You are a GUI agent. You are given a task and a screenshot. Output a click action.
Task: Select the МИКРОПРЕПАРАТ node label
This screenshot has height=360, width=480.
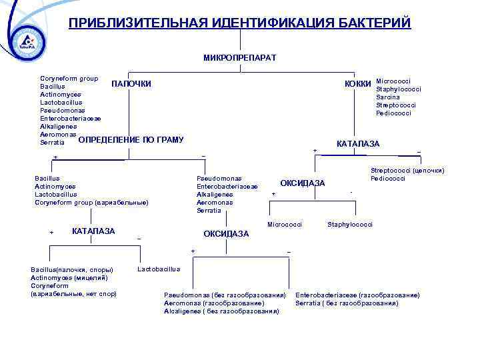point(239,58)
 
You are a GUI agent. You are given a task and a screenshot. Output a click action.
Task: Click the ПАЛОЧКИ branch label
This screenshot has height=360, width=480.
point(131,84)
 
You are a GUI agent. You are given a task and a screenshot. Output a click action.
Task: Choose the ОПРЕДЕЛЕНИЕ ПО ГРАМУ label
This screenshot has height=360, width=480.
point(131,140)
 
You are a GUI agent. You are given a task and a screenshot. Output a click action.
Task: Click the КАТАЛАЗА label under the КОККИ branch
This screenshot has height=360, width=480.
point(358,143)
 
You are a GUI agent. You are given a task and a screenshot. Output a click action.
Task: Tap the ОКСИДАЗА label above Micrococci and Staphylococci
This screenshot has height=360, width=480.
point(303,183)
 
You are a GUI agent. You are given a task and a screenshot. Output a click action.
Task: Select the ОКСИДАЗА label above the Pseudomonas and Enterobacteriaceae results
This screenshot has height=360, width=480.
point(226,234)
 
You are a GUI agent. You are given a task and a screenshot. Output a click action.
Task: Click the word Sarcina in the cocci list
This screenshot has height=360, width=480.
point(388,97)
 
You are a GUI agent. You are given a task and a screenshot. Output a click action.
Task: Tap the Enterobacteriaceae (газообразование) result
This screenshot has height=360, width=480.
point(357,295)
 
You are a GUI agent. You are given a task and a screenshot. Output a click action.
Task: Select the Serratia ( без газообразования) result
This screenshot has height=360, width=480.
point(347,303)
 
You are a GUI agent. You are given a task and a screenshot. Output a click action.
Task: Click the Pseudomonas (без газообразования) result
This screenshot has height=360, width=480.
point(225,295)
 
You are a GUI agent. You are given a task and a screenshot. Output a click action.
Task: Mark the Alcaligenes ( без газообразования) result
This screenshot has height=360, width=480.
point(221,311)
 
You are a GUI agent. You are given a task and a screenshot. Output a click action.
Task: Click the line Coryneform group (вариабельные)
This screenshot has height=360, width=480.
point(91,202)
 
